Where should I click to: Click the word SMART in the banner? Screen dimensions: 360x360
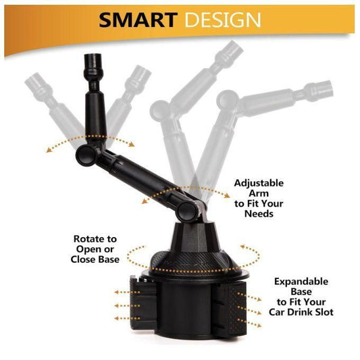tap(138, 20)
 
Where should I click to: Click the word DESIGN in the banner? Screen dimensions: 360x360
tap(223, 20)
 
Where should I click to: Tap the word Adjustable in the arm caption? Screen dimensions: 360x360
tap(259, 183)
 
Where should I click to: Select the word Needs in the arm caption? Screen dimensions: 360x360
tap(259, 213)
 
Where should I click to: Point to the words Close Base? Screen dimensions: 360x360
tap(95, 259)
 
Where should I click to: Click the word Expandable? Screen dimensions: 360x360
tap(301, 282)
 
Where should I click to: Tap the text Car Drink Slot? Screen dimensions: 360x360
tap(301, 312)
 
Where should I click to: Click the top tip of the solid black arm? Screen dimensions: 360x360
tap(93, 55)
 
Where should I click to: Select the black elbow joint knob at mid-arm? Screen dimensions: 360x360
tap(86, 155)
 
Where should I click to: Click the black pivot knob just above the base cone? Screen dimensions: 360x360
tap(187, 211)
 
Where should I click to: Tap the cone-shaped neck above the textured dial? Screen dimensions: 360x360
tap(196, 236)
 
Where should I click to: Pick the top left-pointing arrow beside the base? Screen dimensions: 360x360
tap(127, 292)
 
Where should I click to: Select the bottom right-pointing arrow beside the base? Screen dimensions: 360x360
tap(249, 323)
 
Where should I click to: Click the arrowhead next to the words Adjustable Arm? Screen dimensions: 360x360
tap(227, 196)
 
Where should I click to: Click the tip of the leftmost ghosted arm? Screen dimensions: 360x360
tap(30, 79)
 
